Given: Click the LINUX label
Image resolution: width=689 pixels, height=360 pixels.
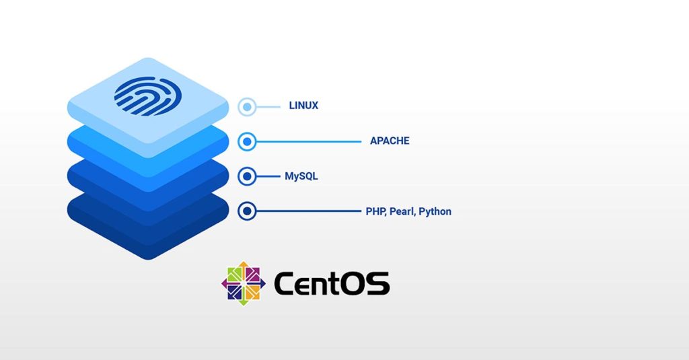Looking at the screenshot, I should tap(303, 106).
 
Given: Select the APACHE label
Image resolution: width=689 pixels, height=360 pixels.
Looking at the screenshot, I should tap(390, 141).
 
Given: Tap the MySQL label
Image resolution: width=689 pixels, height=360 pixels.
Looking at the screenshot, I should tap(301, 176).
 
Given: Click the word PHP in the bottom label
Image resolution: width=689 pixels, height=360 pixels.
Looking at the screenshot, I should tap(375, 211).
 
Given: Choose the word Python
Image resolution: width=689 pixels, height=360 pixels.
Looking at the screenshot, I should tap(435, 211).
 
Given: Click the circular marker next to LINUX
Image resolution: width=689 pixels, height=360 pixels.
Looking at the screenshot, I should tap(248, 106).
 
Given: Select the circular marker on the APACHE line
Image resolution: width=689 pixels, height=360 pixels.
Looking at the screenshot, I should tap(248, 141).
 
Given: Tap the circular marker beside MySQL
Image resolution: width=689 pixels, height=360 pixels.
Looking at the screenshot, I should tap(248, 176).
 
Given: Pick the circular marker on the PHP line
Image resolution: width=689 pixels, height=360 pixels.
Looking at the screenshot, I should tap(248, 211).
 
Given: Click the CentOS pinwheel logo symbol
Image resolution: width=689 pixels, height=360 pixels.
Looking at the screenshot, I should tap(243, 283).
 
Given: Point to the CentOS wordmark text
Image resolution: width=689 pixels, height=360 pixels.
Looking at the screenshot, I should tap(332, 284).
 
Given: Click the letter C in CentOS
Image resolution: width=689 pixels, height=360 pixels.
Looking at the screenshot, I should tap(285, 284).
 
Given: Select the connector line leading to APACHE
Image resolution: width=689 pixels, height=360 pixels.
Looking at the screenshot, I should tap(310, 141).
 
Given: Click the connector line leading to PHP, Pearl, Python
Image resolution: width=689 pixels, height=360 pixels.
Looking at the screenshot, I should tap(310, 211).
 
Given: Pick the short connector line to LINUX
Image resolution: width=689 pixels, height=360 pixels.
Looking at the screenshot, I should tap(269, 106).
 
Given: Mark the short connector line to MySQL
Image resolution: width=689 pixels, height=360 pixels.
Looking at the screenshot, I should tap(269, 176).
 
